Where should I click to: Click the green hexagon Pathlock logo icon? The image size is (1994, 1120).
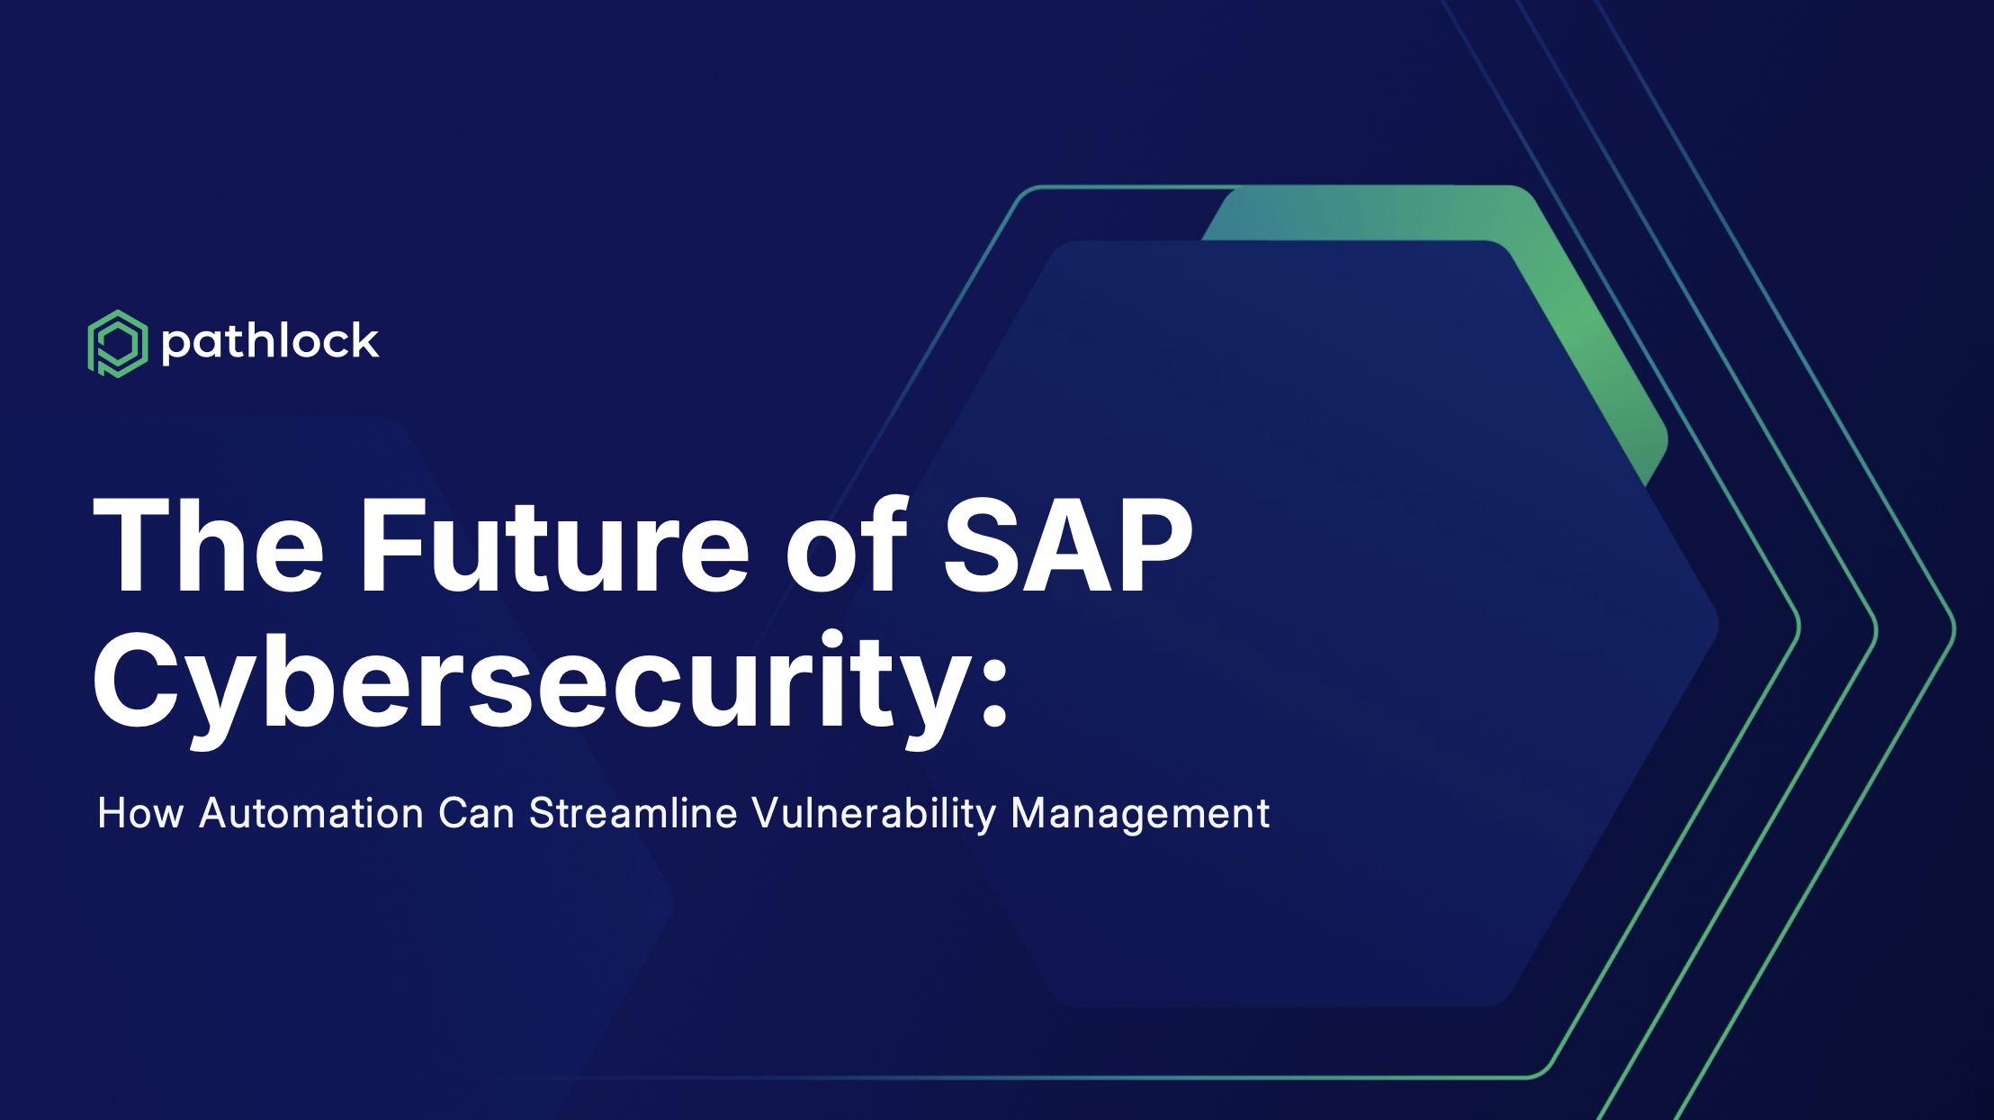118,343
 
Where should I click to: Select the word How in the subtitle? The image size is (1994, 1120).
140,813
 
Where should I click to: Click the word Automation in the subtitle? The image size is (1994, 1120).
311,813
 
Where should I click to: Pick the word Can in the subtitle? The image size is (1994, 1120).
477,813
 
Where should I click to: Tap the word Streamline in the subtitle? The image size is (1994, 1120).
633,813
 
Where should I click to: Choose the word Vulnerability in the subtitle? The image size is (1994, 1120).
875,815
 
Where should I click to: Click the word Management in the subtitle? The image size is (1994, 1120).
1140,815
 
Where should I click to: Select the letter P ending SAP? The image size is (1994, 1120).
1154,546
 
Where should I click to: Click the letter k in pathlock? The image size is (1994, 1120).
364,341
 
